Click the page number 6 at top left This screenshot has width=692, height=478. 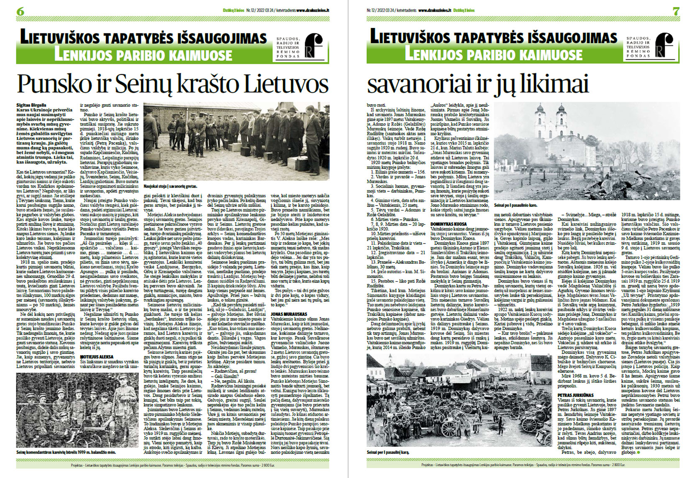click(x=20, y=12)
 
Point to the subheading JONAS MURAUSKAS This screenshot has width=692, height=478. click(x=289, y=313)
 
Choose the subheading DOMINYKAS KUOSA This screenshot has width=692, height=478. click(x=449, y=224)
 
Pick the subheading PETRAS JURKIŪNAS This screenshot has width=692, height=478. click(x=575, y=395)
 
